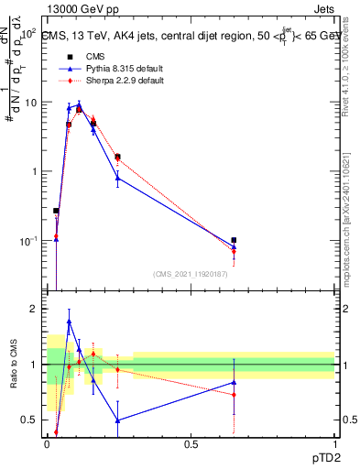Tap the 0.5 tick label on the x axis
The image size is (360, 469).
pos(191,444)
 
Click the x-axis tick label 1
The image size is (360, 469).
pos(334,444)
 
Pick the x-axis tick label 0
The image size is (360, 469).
pos(47,444)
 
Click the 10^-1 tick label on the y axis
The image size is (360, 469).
pos(30,241)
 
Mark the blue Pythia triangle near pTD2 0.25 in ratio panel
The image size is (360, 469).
pos(117,420)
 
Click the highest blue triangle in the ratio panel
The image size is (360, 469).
pos(69,322)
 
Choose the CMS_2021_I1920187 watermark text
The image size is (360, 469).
pos(191,274)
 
